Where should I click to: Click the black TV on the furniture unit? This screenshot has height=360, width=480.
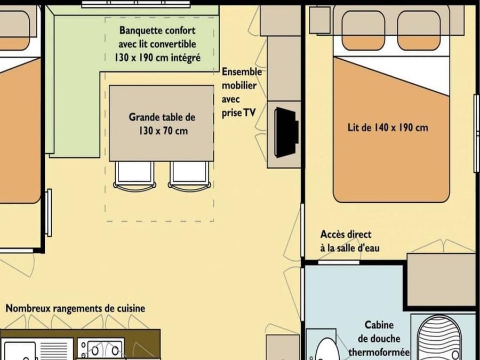(x=286, y=133)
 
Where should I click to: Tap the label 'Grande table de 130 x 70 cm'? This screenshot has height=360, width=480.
(x=162, y=124)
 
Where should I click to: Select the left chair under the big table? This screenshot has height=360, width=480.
(x=134, y=176)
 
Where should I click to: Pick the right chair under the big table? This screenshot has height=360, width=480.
(x=189, y=176)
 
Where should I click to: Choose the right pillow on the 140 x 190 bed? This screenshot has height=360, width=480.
(x=419, y=30)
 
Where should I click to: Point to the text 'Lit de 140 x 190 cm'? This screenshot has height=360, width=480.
(x=388, y=127)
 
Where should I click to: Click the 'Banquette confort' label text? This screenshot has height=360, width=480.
(x=157, y=30)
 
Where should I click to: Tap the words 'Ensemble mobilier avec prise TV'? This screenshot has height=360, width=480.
(x=242, y=92)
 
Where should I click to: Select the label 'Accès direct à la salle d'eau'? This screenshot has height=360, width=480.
(x=350, y=241)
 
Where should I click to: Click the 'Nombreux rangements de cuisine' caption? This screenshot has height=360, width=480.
(x=75, y=308)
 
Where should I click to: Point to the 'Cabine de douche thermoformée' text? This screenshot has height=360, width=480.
(x=379, y=339)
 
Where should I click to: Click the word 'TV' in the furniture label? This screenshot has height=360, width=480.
(x=249, y=113)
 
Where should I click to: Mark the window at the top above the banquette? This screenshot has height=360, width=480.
(x=136, y=4)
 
